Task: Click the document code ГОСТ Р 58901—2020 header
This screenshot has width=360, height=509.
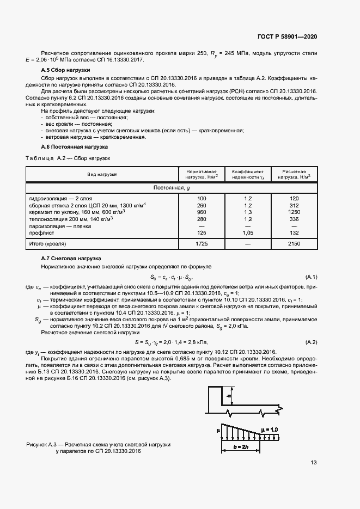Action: point(287,36)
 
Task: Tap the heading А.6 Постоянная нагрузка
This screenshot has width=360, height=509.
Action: point(74,147)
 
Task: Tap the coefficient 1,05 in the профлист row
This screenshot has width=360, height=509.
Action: point(248,232)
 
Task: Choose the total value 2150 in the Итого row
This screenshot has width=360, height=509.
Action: point(295,243)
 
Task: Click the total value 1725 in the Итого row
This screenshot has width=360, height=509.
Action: point(202,243)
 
